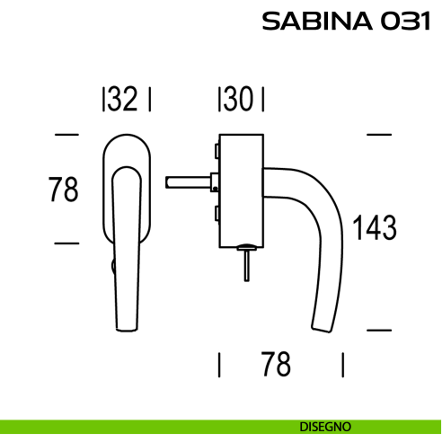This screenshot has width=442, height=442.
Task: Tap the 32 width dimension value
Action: (x=125, y=100)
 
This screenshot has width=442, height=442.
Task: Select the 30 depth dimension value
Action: (x=240, y=100)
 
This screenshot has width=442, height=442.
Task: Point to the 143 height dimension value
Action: (x=374, y=228)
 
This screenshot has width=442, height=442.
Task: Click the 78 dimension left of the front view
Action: (x=63, y=190)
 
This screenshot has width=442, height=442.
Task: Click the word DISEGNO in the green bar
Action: (x=326, y=426)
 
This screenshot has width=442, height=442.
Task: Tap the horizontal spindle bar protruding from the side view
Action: (x=189, y=182)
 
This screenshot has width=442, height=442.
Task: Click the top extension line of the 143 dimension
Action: (x=379, y=135)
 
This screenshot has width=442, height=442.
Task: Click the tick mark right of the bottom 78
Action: (x=343, y=365)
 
